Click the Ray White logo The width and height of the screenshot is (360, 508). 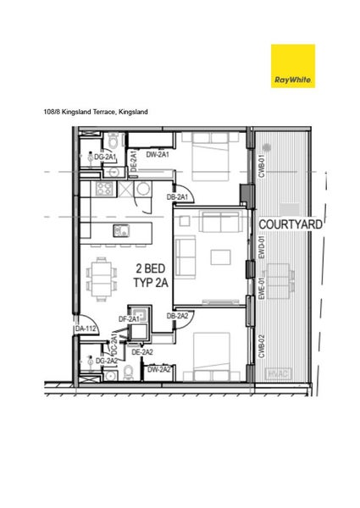[x=292, y=66]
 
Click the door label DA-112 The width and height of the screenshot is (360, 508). [x=86, y=329]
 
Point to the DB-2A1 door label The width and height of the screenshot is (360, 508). [x=177, y=197]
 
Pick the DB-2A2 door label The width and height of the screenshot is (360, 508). [x=177, y=316]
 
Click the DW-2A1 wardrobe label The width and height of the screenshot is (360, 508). [x=158, y=154]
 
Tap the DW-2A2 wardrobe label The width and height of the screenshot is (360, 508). [x=159, y=370]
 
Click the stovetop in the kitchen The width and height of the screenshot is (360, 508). [x=105, y=189]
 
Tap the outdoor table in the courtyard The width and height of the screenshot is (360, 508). [x=285, y=278]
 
